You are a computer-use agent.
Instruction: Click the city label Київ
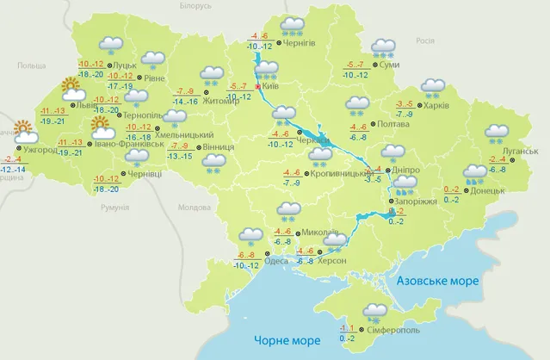[x=272, y=87]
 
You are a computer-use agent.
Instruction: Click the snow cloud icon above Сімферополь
[x=375, y=312]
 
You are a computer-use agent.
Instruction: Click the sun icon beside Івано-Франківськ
[x=102, y=129]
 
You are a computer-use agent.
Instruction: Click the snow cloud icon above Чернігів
[x=294, y=26]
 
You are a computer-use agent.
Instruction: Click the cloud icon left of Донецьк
[x=473, y=174]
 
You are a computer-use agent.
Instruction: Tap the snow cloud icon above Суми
[x=383, y=49]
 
